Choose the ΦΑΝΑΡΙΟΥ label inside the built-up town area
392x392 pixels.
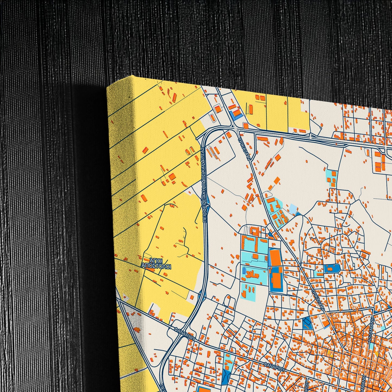(x=274, y=366)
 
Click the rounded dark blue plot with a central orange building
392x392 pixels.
(x=332, y=269)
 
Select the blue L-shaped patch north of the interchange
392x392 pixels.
(x=235, y=115)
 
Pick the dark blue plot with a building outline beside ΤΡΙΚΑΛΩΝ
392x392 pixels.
(x=307, y=323)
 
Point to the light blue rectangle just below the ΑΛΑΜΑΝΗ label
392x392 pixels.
(x=372, y=346)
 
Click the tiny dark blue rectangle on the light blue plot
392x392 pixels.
(x=244, y=270)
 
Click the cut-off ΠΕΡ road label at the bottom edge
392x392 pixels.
(x=162, y=387)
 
